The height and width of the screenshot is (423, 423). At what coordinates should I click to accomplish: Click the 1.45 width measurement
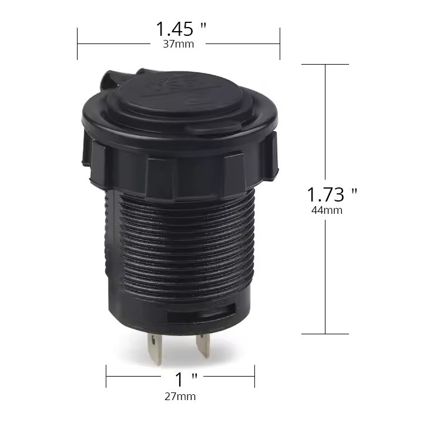pos(174,28)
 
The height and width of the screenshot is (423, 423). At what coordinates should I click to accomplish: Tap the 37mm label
pos(179,44)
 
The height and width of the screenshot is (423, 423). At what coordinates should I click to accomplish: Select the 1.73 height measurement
pos(325,194)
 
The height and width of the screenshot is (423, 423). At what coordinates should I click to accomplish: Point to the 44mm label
pos(327,210)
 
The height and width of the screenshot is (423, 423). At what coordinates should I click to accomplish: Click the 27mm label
pos(180,397)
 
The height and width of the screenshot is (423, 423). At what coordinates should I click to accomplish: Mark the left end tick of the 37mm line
pos(78,43)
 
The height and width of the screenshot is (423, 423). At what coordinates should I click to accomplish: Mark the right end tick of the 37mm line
pos(280,43)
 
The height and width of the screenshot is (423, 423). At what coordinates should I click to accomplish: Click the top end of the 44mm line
pos(325,64)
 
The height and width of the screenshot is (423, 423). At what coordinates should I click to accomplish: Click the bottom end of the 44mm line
pos(325,334)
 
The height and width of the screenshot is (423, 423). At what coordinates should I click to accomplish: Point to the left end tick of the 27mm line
pos(106,372)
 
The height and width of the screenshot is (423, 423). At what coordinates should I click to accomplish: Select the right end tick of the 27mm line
pos(254,372)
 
